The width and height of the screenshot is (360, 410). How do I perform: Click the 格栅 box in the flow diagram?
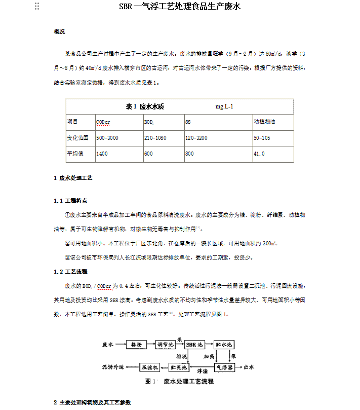(136, 345)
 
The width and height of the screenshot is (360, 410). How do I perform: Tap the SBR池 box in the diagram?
(195, 345)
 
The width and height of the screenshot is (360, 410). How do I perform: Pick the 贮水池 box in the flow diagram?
(224, 345)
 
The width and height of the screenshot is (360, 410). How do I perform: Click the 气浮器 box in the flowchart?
(224, 367)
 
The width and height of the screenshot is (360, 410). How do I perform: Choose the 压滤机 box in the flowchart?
(149, 367)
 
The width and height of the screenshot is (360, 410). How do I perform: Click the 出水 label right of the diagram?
(249, 367)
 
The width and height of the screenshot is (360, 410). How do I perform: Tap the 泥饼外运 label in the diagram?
(112, 367)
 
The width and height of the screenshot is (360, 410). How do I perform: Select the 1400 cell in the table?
(102, 154)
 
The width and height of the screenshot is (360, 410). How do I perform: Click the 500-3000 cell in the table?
(107, 138)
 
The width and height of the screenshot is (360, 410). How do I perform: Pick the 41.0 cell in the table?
(259, 154)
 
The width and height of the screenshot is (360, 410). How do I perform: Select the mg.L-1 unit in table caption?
(224, 106)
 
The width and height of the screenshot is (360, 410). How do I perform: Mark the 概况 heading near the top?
(59, 31)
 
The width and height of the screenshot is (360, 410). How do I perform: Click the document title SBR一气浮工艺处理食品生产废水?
(180, 7)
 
